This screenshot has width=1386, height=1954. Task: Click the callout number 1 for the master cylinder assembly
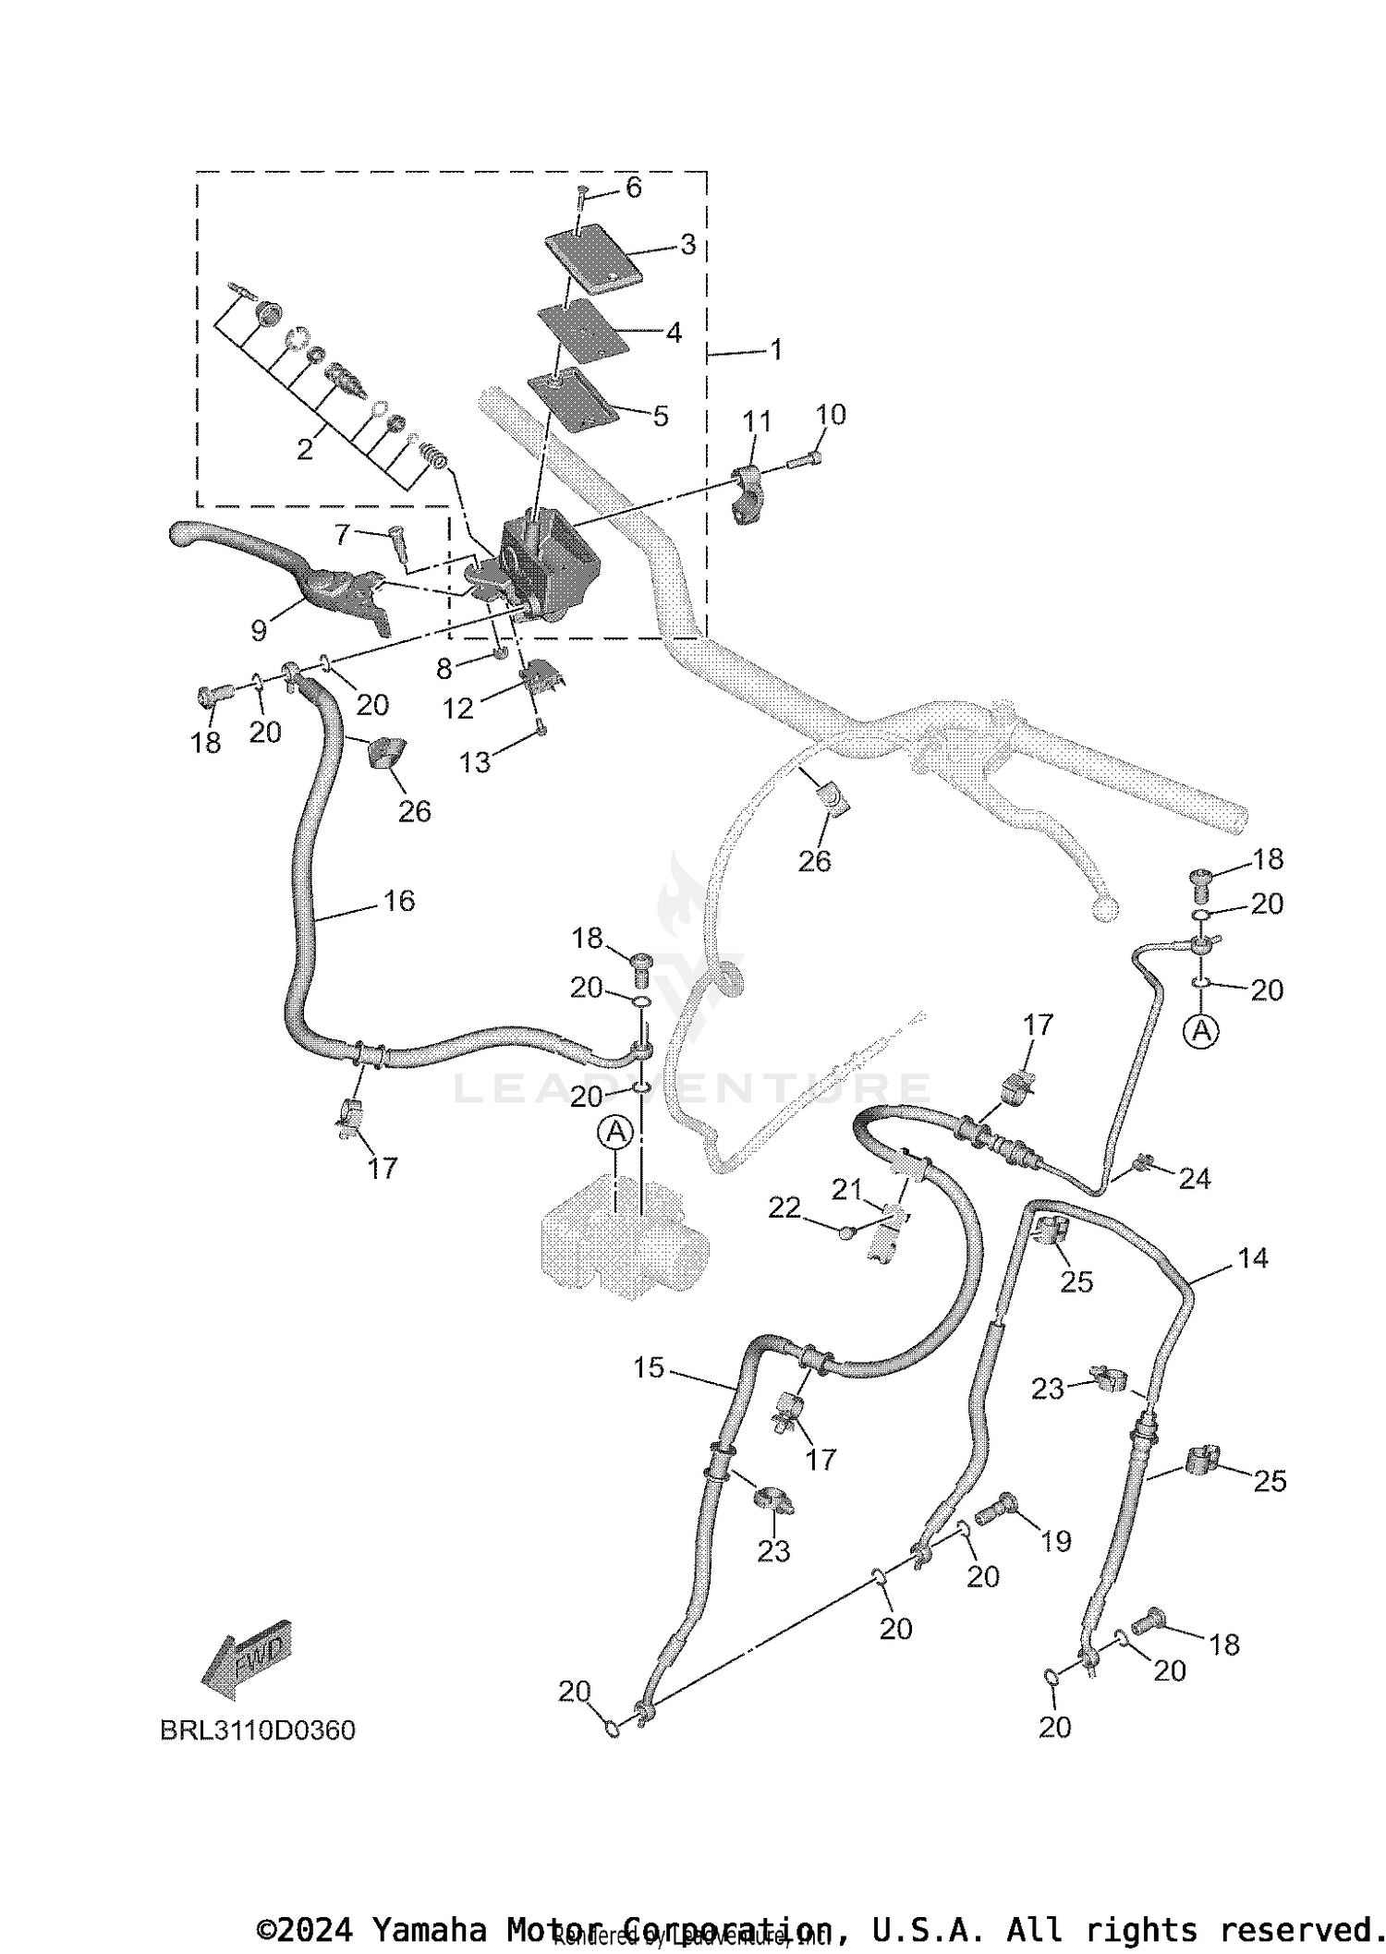776,350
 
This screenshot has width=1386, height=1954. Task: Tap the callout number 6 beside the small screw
633,188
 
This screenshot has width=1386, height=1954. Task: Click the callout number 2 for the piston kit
305,450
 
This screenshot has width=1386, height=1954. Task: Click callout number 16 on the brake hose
398,901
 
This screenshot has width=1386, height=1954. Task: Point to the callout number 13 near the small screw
475,762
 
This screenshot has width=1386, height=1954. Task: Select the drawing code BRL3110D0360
258,1729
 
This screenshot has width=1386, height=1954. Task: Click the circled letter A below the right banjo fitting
1201,1030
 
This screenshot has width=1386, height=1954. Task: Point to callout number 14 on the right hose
1253,1257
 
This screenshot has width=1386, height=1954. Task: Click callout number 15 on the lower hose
649,1367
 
